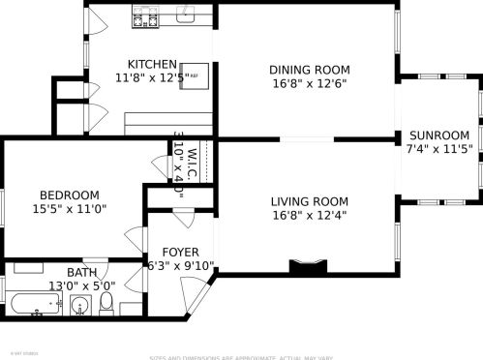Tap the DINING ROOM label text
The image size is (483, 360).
(309, 70)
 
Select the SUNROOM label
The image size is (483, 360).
(438, 135)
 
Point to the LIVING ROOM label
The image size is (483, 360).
(309, 201)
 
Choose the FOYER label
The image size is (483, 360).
(180, 252)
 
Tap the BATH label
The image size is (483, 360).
(54, 272)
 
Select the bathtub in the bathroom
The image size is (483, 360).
(33, 306)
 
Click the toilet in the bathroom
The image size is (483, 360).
(106, 306)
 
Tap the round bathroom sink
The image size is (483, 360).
(80, 307)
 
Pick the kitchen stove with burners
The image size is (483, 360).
(144, 18)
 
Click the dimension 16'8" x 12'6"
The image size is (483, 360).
(309, 83)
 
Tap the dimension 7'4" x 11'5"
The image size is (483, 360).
(438, 149)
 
